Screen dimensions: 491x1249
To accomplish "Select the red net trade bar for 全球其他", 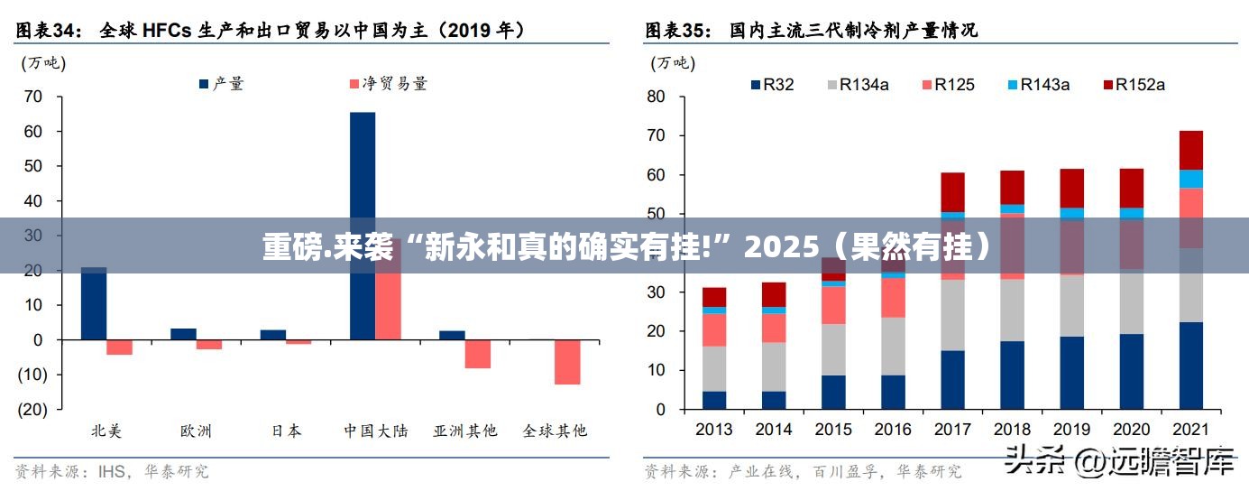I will tap(567, 362).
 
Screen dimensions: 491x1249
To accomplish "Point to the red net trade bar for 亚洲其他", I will tap(478, 354).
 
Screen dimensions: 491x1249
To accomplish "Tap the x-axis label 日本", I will tap(287, 431).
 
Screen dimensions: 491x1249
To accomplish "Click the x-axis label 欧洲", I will tap(196, 431).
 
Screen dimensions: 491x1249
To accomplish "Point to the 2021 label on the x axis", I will tap(1190, 431).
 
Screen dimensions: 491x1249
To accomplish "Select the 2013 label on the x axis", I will tap(714, 431).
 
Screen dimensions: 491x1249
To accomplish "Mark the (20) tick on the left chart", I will tap(33, 409).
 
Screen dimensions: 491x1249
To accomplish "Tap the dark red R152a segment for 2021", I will tap(1190, 150).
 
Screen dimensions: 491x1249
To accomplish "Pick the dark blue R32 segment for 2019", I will tap(1071, 373).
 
